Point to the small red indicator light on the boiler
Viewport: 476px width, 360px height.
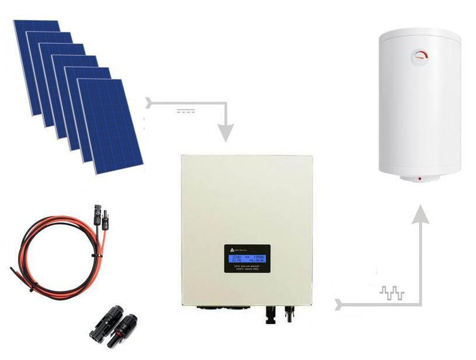(x=419, y=178)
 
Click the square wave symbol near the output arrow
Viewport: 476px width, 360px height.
(x=393, y=293)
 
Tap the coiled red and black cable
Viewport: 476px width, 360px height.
(x=54, y=252)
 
